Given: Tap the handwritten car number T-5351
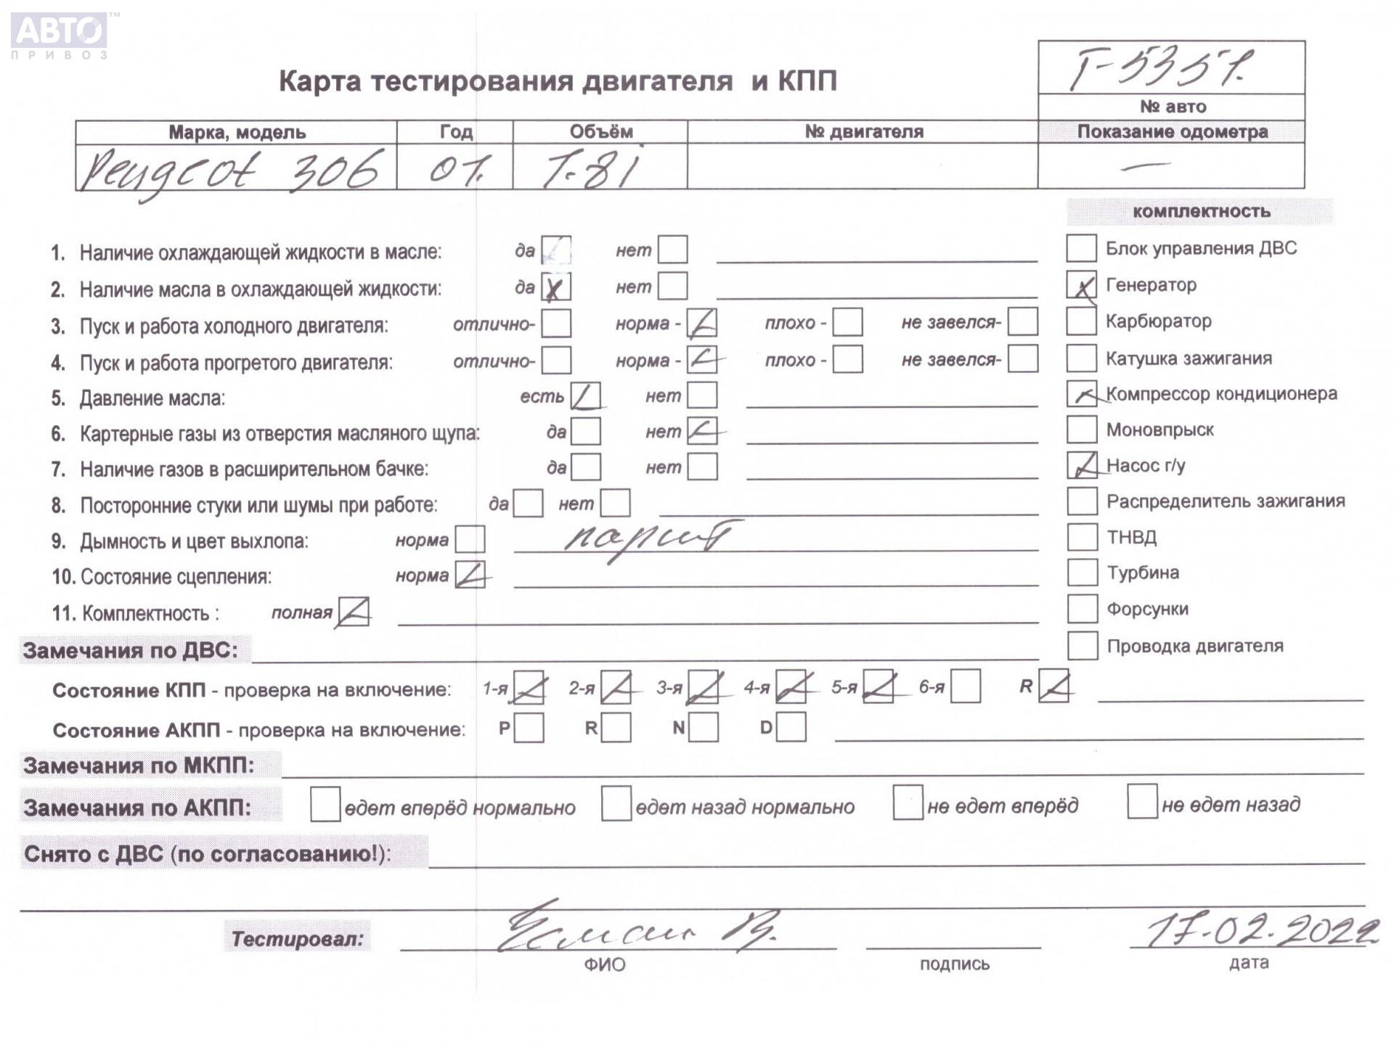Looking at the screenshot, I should [x=1162, y=68].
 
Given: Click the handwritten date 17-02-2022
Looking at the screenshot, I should [x=1260, y=930].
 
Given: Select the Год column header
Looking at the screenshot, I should [x=455, y=132].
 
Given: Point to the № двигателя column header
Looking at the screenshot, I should [x=863, y=131].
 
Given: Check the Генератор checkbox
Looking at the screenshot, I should [x=1081, y=285].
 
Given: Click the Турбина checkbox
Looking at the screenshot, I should [x=1082, y=573].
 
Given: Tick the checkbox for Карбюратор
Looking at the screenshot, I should [x=1081, y=321].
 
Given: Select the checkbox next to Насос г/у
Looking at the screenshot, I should [x=1082, y=465].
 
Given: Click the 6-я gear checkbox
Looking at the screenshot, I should [x=965, y=687].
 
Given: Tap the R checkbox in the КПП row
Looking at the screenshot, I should [x=1053, y=687].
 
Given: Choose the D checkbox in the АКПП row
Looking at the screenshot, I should [x=791, y=727].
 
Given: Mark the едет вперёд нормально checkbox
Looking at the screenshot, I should [x=325, y=805].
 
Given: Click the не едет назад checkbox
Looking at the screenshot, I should [x=1142, y=802].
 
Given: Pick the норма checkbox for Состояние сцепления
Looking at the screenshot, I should [x=470, y=575].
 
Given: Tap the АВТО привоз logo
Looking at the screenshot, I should [x=60, y=34].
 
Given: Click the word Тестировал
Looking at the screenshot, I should [x=297, y=939].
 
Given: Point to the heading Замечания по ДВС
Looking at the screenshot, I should [x=131, y=650].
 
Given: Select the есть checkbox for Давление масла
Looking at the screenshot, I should [x=585, y=396].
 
